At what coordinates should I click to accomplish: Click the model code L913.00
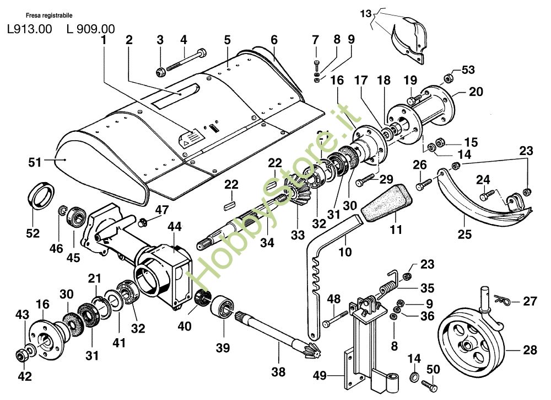coord(30,29)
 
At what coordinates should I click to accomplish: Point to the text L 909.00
coord(90,29)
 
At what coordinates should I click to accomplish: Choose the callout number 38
coord(279,372)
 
